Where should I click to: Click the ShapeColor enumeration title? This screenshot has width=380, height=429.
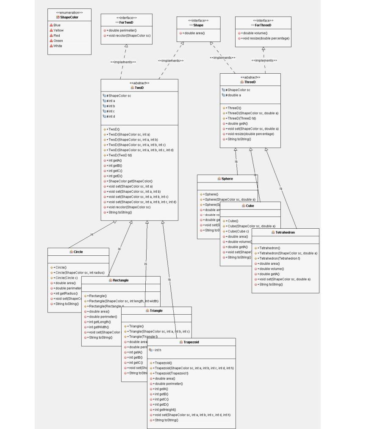pos(69,17)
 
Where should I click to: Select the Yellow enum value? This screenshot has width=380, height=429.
pos(58,30)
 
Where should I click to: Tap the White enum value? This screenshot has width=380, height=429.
pos(57,46)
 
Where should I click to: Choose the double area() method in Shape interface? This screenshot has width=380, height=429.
pos(194,33)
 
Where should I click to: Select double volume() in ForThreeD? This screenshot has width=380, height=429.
pos(254,33)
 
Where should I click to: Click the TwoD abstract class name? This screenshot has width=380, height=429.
pos(139,88)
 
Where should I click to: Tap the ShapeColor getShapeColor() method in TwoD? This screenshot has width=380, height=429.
pos(129,181)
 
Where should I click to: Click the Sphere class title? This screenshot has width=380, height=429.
pos(227,179)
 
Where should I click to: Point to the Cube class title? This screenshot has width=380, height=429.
pos(250,206)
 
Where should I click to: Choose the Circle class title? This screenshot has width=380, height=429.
pos(78,252)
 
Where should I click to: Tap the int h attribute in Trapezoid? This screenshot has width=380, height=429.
pos(157,350)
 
